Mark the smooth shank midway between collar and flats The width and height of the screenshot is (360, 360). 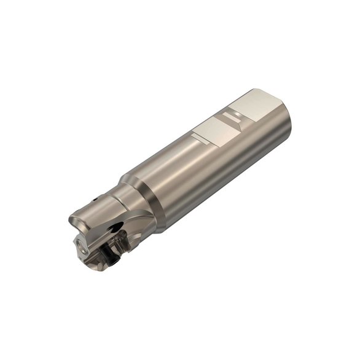(184, 172)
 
